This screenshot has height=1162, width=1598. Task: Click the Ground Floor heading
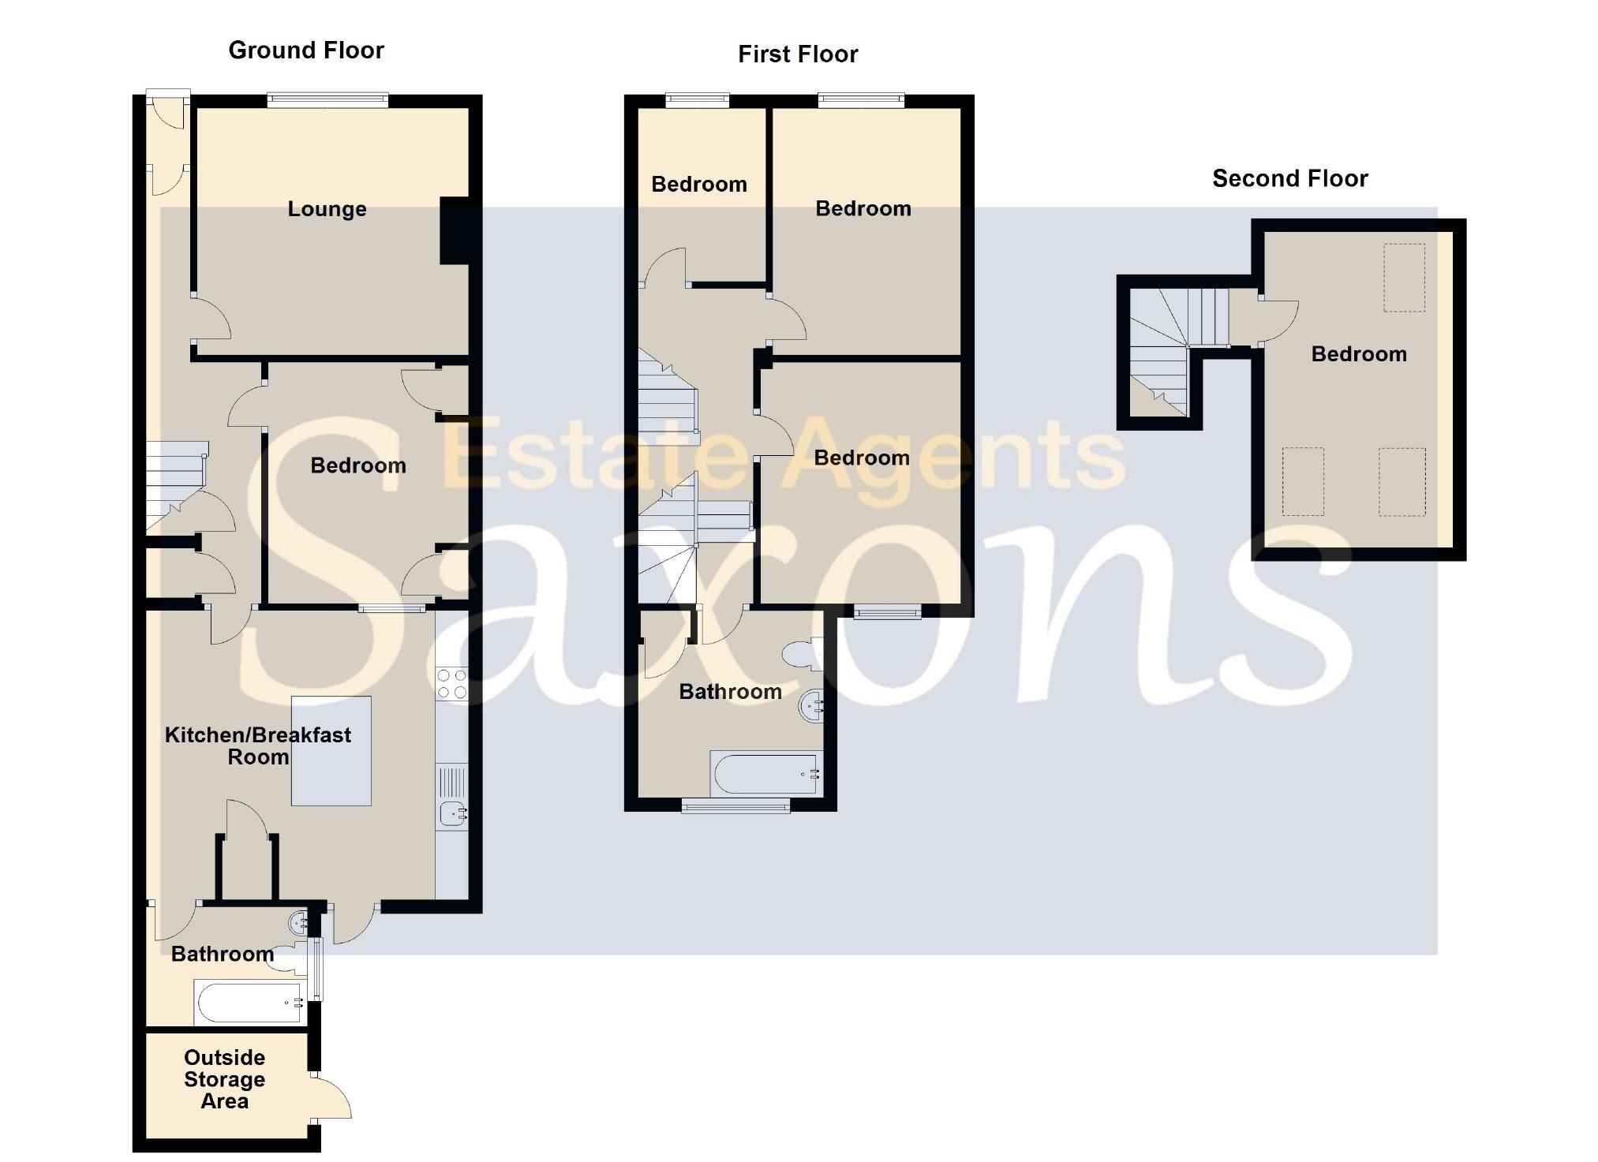tap(306, 50)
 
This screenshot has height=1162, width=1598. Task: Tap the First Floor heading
tap(798, 54)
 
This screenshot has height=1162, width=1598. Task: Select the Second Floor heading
tap(1289, 179)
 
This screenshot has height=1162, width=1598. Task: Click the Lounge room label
tap(327, 209)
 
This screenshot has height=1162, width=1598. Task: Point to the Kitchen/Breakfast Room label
tap(258, 745)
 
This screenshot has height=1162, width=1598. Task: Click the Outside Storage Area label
tap(224, 1079)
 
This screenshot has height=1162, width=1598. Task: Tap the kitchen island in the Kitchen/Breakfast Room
tap(331, 751)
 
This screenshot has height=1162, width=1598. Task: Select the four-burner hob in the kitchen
tap(451, 684)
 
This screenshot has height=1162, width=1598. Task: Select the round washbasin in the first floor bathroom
tap(812, 705)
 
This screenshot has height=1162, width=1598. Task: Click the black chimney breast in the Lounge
tap(455, 231)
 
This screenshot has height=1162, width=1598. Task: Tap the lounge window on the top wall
tap(327, 100)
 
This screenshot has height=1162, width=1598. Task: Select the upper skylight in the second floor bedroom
tap(1404, 278)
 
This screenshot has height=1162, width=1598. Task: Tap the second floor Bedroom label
tap(1358, 354)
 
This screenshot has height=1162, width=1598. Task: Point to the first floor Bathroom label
tap(730, 692)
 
